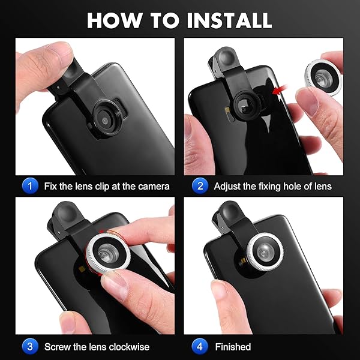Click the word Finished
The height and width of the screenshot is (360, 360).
tap(233, 347)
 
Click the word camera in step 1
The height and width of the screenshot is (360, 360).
tap(152, 187)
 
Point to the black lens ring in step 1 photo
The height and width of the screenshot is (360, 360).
tap(106, 119)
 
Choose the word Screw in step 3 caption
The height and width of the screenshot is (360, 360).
tap(57, 347)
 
